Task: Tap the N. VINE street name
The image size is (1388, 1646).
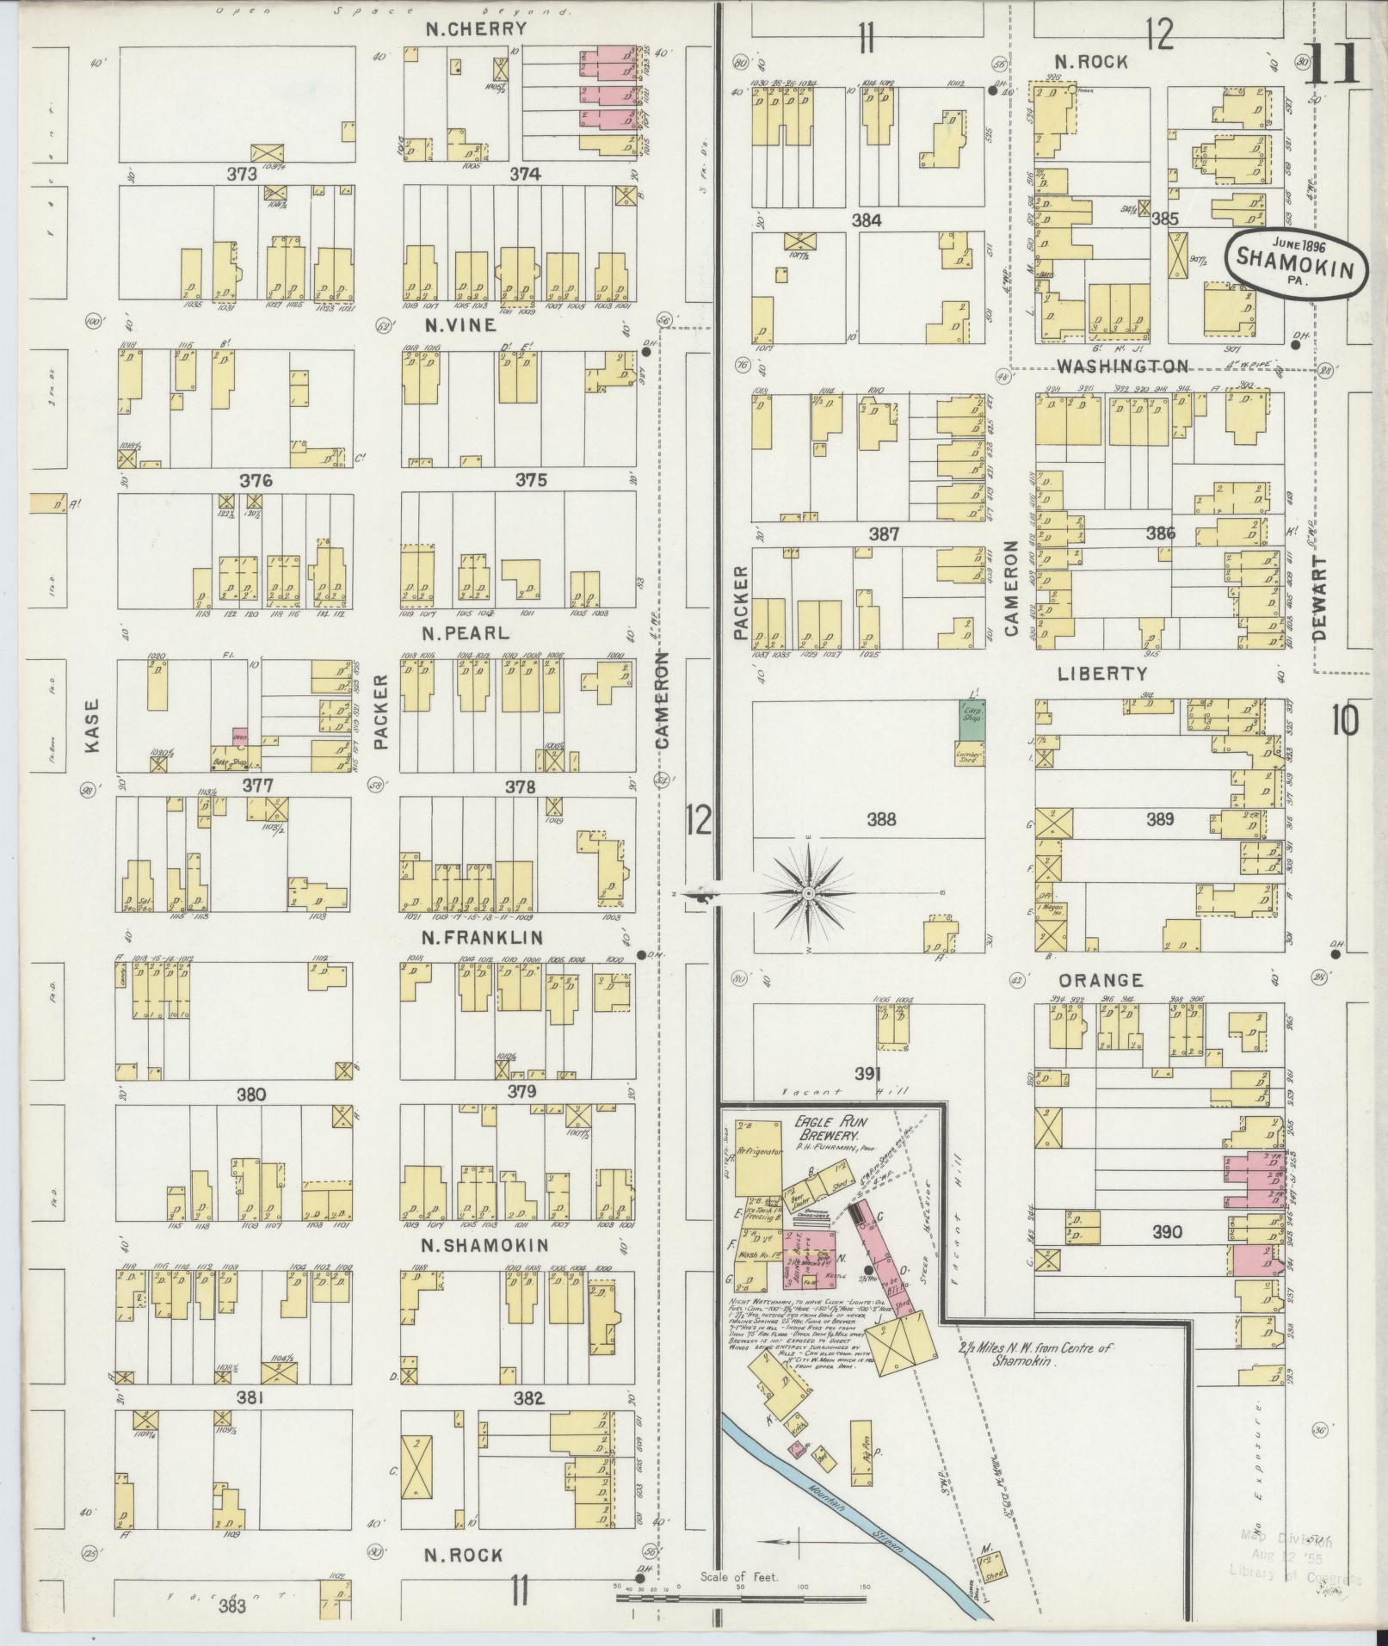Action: pos(460,325)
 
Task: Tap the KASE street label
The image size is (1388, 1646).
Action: pos(94,728)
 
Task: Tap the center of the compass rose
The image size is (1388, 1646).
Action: pos(809,894)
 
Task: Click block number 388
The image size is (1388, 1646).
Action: pos(882,819)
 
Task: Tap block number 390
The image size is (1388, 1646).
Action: pos(1168,1233)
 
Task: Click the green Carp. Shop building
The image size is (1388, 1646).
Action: pos(972,717)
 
